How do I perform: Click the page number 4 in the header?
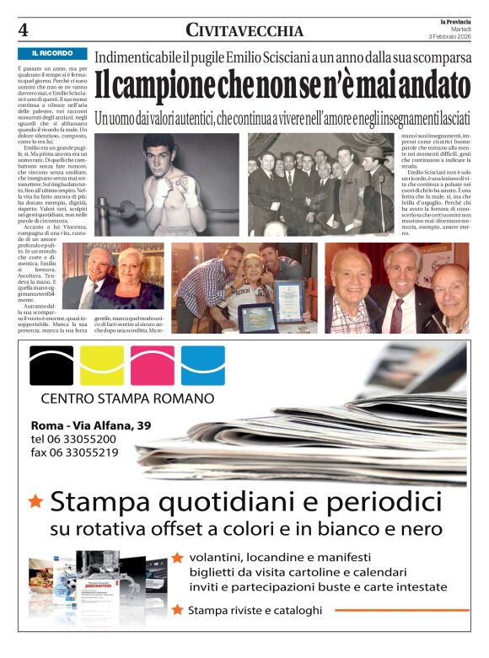point(24,30)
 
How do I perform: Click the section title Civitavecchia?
point(244,31)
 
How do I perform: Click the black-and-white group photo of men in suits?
point(321,185)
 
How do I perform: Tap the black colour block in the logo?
point(51,366)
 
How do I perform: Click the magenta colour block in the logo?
point(152,366)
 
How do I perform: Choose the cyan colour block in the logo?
point(202,366)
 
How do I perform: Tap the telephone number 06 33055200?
point(86,439)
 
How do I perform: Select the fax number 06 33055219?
point(86,452)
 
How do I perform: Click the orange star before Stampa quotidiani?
point(35,502)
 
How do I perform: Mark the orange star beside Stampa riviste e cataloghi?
point(177,609)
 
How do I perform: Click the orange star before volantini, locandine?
point(177,558)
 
